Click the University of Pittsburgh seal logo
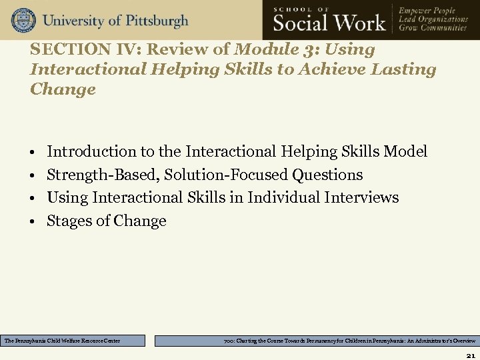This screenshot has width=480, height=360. coord(23,20)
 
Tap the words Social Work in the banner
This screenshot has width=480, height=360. coord(329,23)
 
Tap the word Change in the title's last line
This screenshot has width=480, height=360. coord(63,89)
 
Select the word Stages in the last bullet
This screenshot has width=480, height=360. coord(67,221)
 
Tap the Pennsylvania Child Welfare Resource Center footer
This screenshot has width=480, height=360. coord(73,341)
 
